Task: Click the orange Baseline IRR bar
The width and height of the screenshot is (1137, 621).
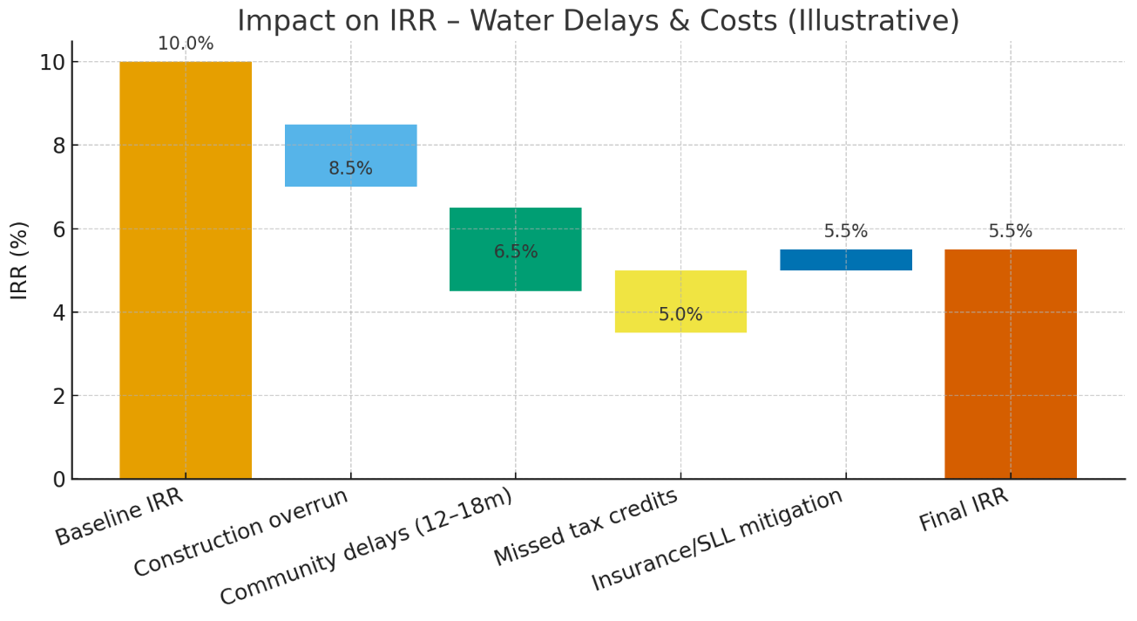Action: pos(186,270)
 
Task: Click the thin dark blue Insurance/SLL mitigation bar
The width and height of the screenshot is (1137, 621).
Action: pos(845,260)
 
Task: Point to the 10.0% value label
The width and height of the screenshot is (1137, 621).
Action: pos(186,44)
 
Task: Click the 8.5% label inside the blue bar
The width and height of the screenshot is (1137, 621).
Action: pos(350,168)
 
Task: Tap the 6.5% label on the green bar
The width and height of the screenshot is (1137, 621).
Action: pos(515,252)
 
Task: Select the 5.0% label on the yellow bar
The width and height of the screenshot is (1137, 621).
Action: pos(680,315)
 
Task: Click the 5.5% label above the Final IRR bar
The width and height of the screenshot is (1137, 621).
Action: pos(1010,232)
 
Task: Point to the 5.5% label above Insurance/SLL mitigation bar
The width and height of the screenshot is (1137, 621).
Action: pos(845,232)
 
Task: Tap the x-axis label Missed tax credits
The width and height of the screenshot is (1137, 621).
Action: pos(585,527)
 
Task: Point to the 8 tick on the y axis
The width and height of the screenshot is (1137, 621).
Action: pos(58,146)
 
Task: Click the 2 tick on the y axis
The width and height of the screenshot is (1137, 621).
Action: pos(58,396)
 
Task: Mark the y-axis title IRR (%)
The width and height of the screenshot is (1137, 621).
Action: pos(19,260)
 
